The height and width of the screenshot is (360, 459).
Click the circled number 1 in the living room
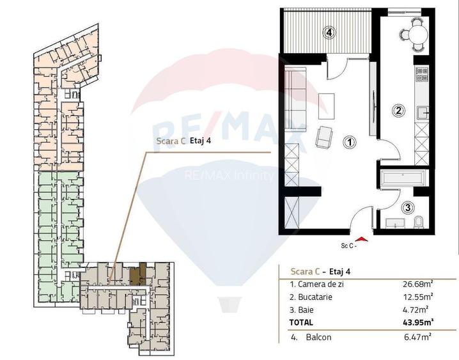pyautogui.click(x=348, y=142)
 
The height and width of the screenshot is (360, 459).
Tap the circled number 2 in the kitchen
pyautogui.click(x=398, y=110)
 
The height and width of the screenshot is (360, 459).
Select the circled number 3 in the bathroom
pyautogui.click(x=407, y=207)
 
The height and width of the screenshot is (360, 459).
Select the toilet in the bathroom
pyautogui.click(x=418, y=222)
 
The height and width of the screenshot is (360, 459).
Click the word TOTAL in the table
pyautogui.click(x=302, y=321)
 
